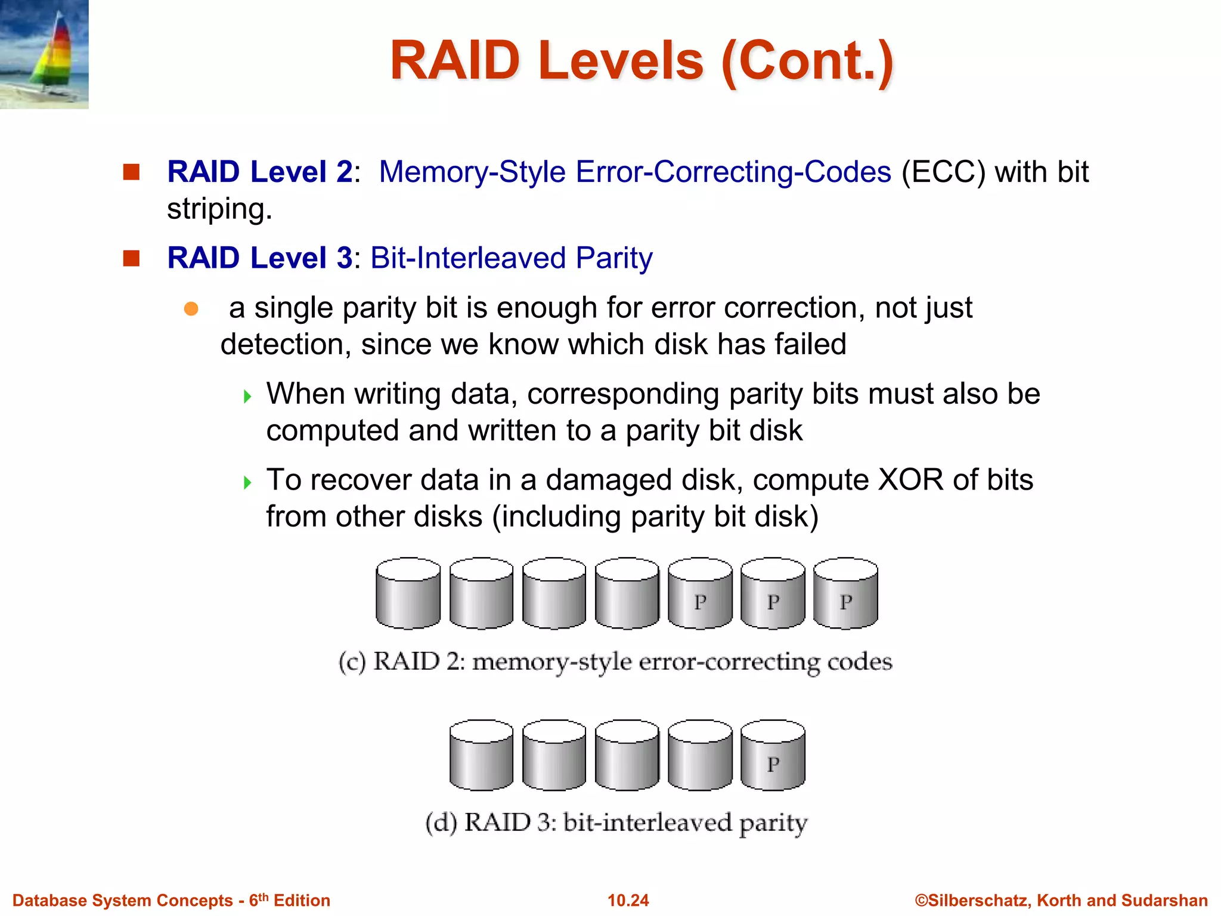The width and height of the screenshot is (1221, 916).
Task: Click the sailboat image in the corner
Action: [x=44, y=54]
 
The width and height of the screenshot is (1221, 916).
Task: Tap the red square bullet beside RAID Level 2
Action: [x=131, y=172]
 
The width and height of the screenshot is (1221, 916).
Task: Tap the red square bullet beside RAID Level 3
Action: [x=131, y=258]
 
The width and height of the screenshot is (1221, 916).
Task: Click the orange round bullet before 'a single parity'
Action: [x=191, y=309]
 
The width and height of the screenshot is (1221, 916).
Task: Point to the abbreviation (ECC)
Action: [x=943, y=172]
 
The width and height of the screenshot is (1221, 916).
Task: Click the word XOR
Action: [x=910, y=480]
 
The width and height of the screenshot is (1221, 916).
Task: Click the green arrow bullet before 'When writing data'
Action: [x=247, y=397]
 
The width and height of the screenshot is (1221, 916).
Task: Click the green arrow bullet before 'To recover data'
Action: [x=247, y=482]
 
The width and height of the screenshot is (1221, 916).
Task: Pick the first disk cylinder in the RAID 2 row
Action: [x=408, y=593]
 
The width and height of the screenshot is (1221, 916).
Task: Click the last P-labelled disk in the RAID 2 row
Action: [x=845, y=593]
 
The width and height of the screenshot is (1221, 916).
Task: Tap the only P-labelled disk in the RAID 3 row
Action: [x=773, y=756]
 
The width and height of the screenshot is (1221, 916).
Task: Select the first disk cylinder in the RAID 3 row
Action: [x=481, y=756]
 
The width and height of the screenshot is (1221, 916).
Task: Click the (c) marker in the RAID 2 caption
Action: [x=352, y=663]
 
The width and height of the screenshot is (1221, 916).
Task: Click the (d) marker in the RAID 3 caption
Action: [x=441, y=823]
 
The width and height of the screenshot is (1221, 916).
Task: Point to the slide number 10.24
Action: [x=628, y=900]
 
